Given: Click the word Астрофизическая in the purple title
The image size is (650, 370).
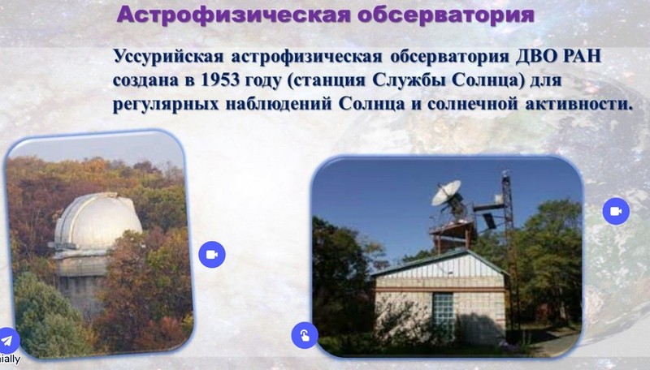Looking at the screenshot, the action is pos(233,15).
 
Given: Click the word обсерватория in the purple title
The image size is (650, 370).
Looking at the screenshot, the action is pos(445,15).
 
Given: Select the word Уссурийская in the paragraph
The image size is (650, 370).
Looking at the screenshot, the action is pos(168,57).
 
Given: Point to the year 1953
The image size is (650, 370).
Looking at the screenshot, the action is pos(219,80).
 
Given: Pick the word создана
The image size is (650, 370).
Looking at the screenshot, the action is pos(145,80).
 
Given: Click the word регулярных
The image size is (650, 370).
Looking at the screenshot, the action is pos(166,105).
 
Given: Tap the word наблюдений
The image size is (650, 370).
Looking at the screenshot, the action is pos(279,104).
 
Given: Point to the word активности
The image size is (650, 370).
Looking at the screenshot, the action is pos(579,104).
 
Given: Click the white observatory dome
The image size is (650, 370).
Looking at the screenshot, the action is pos(98,222).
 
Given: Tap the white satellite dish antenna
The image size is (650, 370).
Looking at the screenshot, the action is pos(446,192).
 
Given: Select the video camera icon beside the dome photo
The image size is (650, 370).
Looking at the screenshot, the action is pos(212,254).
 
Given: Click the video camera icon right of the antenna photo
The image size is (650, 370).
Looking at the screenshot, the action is pos(616,211).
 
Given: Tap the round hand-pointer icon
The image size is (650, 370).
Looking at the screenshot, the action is pos(305,335).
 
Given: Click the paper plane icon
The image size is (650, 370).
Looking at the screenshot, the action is pos(7,341).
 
